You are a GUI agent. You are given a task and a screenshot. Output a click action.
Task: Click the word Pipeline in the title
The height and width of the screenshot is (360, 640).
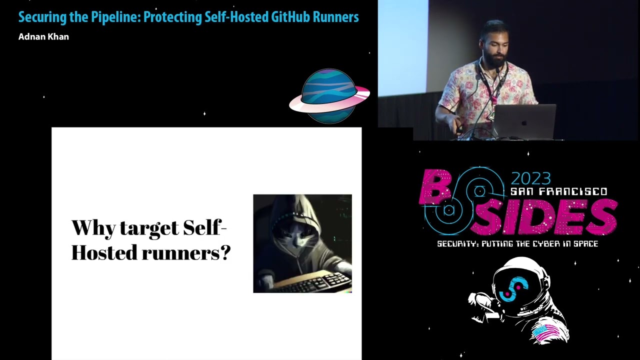pos(115,17)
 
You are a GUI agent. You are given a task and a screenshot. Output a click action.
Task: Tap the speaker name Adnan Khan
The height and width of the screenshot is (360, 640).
pos(43,37)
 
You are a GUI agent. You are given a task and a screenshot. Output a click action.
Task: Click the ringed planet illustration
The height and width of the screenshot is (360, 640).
pos(329,96)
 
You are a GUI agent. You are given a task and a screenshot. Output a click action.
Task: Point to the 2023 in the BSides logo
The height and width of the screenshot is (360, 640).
pos(530,178)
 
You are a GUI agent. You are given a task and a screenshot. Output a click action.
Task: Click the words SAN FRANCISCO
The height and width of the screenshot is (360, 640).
pos(558,191)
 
